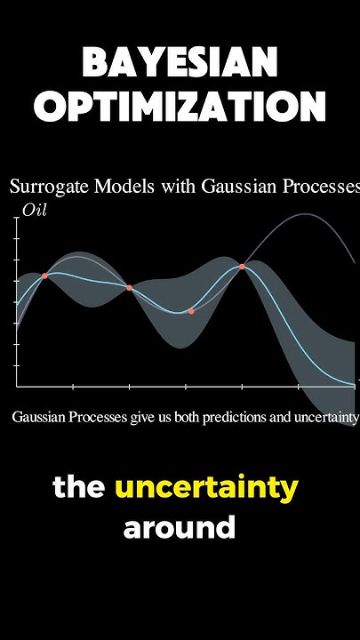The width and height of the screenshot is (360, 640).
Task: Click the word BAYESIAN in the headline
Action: tap(180, 64)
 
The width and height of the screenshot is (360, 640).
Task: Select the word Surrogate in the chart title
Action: tap(45, 187)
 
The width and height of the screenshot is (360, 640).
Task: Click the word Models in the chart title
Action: tap(116, 187)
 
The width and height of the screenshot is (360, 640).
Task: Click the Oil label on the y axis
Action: tap(33, 211)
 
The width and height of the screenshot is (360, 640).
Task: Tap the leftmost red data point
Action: tap(45, 276)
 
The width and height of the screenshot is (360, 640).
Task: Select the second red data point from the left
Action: tap(130, 288)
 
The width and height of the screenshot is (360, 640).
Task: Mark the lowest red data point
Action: tap(191, 311)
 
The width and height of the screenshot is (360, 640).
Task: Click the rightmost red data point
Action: tap(242, 266)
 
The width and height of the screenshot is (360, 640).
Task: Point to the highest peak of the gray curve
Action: tap(306, 214)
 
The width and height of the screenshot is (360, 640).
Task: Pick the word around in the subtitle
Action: tap(180, 527)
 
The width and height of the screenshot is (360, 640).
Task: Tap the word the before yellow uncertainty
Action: tap(80, 488)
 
